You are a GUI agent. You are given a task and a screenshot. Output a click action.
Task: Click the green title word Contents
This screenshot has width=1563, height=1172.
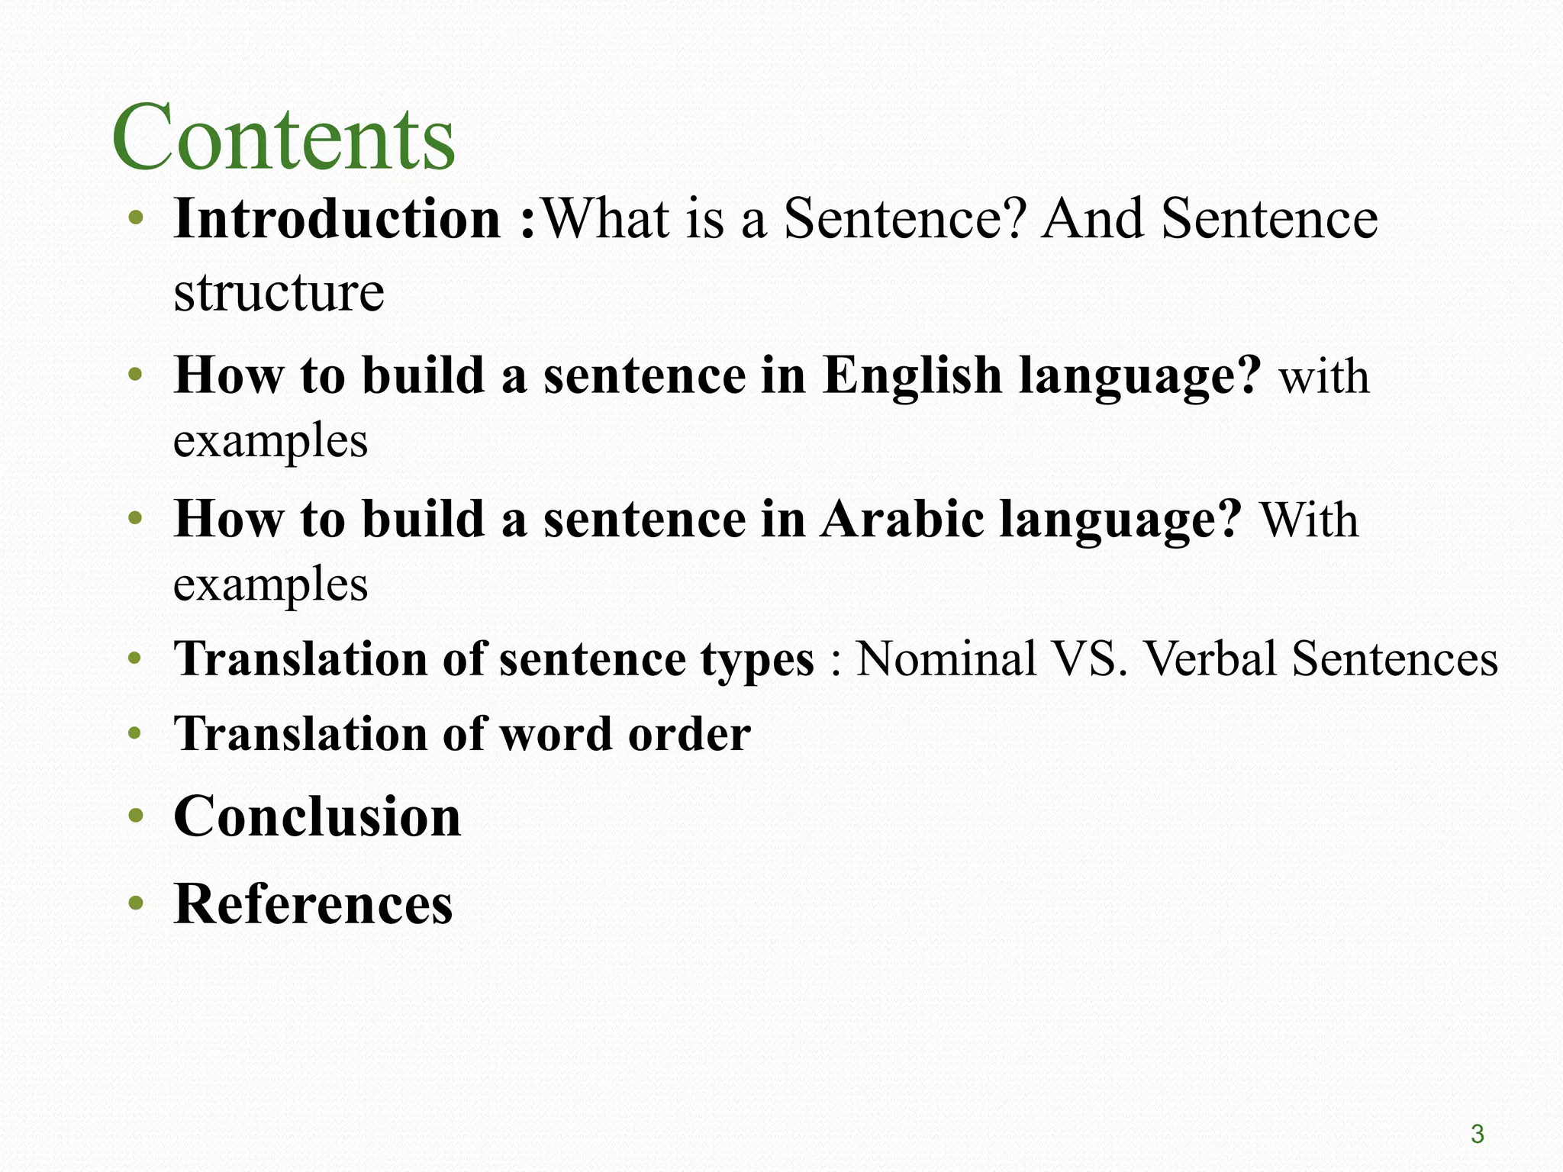pos(283,137)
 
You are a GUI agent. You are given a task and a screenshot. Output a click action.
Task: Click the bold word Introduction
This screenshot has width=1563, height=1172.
pos(337,219)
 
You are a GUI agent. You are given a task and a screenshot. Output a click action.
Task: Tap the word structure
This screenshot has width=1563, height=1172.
pos(279,292)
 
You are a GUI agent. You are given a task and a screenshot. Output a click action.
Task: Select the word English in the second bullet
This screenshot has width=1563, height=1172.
pos(912,375)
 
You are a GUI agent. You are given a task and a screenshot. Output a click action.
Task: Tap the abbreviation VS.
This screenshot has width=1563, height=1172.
pos(1089,658)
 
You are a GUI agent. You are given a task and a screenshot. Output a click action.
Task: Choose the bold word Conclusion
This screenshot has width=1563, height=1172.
pos(317,816)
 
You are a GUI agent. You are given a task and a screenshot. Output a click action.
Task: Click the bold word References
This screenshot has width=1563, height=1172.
pos(313,904)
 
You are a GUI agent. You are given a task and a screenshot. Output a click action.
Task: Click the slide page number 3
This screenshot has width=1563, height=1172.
pos(1478,1135)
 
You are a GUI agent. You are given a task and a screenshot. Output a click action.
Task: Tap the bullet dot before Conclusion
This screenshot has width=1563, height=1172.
pos(136,817)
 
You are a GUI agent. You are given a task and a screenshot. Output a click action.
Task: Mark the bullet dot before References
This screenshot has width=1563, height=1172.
pos(136,905)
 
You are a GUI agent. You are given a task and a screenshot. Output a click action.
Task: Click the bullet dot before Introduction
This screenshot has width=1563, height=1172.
pos(136,220)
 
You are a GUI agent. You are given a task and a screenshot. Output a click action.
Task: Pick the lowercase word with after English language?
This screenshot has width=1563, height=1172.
pos(1324,377)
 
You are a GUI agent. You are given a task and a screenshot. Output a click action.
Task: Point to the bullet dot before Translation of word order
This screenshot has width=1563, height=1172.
pos(136,735)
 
